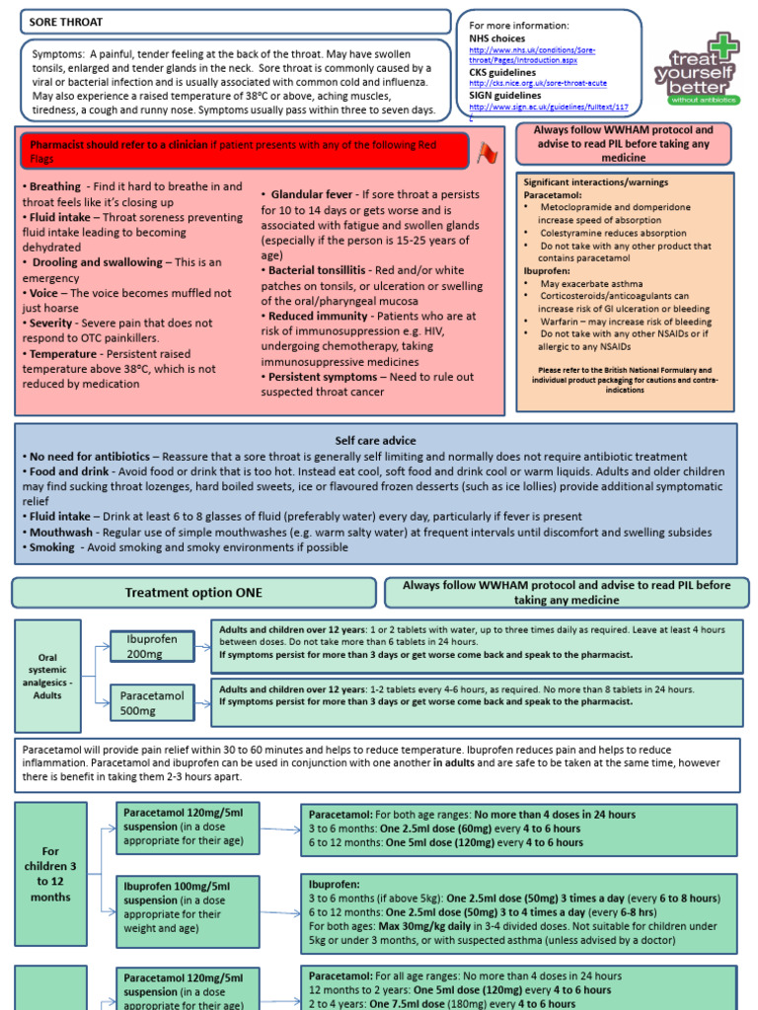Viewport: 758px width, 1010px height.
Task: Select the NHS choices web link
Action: click(x=532, y=54)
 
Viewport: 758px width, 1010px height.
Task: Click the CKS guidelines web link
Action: click(x=538, y=83)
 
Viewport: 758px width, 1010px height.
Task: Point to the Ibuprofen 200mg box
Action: click(x=152, y=646)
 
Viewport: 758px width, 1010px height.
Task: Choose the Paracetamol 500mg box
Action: click(x=152, y=702)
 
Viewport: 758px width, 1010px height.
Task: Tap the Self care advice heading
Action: click(x=376, y=440)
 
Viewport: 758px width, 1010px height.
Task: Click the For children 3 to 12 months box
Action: click(x=50, y=874)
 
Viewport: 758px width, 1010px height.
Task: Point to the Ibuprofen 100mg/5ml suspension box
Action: click(x=188, y=907)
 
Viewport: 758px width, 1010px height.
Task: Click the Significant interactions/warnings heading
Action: click(x=595, y=182)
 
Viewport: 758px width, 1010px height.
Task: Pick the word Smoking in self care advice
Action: click(x=51, y=547)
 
